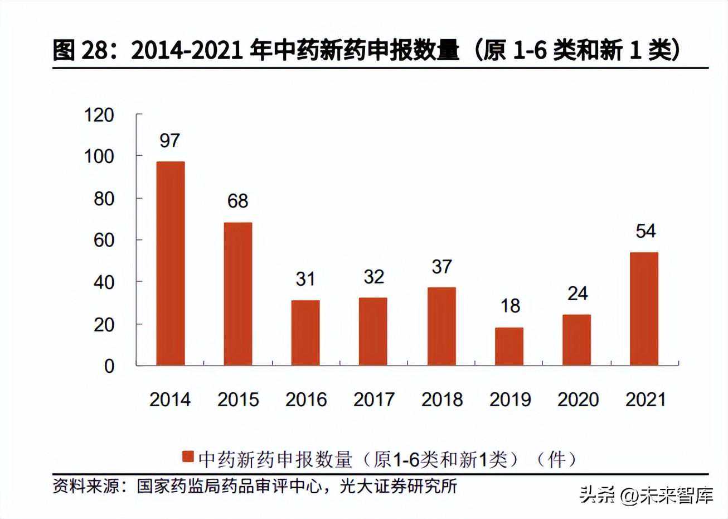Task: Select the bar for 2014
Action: coord(171,263)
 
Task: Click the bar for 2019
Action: coord(509,347)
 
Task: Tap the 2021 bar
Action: coord(644,309)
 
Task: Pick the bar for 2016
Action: coord(305,333)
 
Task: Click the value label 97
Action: coord(169,141)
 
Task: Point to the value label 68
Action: coord(237,201)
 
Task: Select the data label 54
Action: coord(646,231)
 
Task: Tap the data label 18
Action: coord(509,306)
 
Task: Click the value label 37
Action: coord(441,267)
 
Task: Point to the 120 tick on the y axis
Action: coord(99,115)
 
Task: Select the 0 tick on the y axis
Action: coord(109,366)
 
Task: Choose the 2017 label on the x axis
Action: coord(373,400)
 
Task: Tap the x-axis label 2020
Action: coord(577,400)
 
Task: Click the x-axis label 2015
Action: coord(238,400)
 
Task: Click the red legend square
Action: coord(187,458)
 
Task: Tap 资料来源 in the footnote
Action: coord(86,486)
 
